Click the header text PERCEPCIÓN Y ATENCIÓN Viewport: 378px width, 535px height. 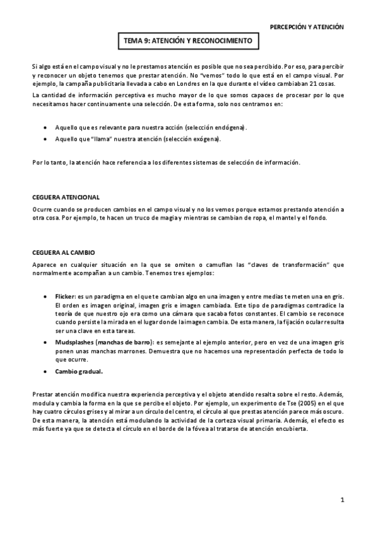click(x=307, y=27)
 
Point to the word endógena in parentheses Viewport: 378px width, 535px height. click(x=230, y=127)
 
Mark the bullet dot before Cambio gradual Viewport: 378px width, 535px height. click(x=44, y=371)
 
